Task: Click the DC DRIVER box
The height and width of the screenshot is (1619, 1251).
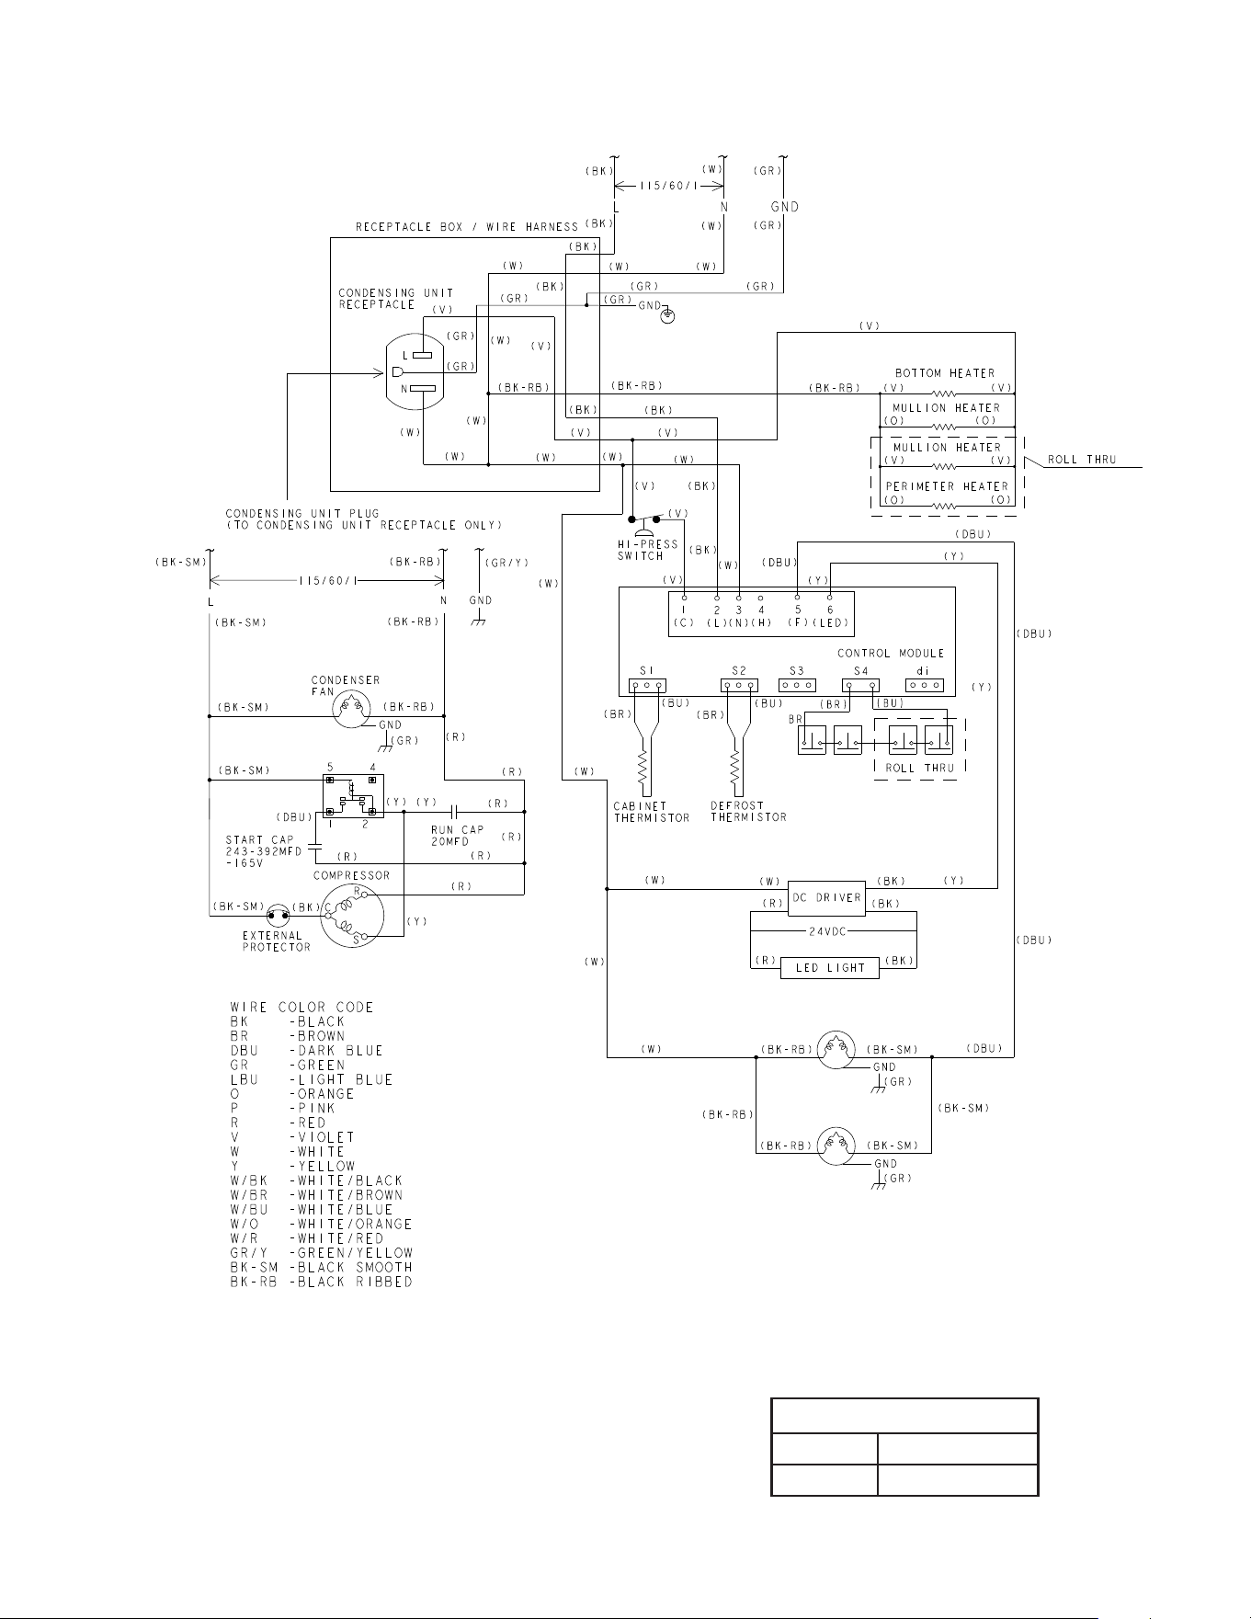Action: [826, 897]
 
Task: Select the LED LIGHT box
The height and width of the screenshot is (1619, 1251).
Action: [830, 967]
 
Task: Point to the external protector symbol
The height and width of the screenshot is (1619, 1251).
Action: [278, 914]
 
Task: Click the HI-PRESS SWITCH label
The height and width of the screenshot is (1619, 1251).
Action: [647, 550]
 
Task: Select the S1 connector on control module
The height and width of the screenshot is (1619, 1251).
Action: [646, 685]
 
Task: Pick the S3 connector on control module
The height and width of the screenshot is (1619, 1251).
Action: [797, 685]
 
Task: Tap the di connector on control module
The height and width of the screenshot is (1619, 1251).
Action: [925, 685]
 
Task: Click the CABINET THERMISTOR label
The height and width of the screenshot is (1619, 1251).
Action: [652, 812]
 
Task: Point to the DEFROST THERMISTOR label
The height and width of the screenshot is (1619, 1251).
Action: [748, 811]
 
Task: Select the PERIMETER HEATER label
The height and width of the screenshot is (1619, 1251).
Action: [947, 486]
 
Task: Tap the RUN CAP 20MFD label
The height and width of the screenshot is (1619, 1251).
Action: [457, 836]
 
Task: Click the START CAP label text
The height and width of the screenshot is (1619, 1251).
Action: [260, 840]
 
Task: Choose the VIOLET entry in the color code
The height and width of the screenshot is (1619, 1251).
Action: [292, 1137]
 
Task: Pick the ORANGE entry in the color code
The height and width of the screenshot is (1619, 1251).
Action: [292, 1094]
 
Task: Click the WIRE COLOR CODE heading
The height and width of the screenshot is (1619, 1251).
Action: [301, 1008]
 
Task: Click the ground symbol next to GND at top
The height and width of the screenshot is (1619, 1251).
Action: [668, 316]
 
